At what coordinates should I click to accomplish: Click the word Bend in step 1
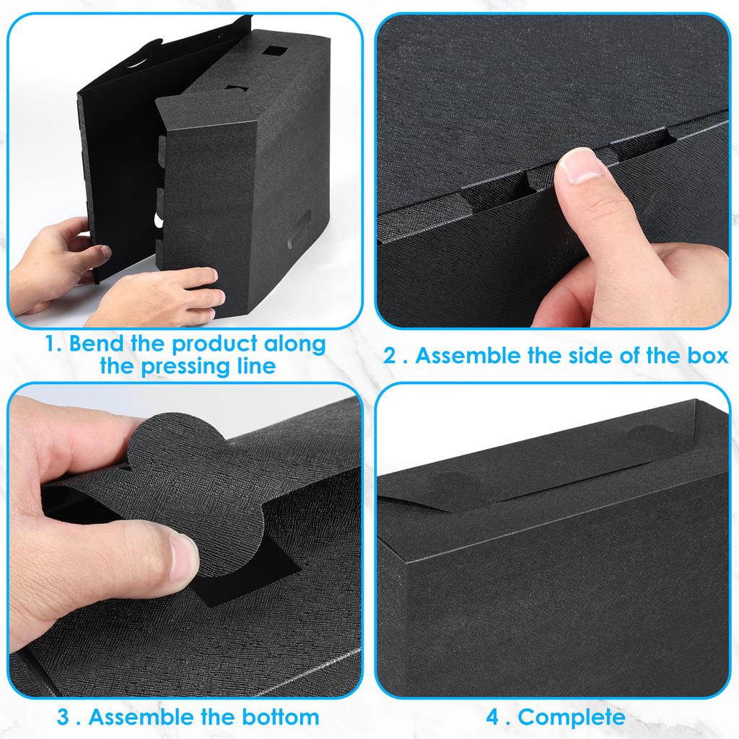(95, 344)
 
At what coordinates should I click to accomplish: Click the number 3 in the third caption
(64, 717)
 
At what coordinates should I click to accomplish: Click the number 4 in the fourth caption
(493, 717)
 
